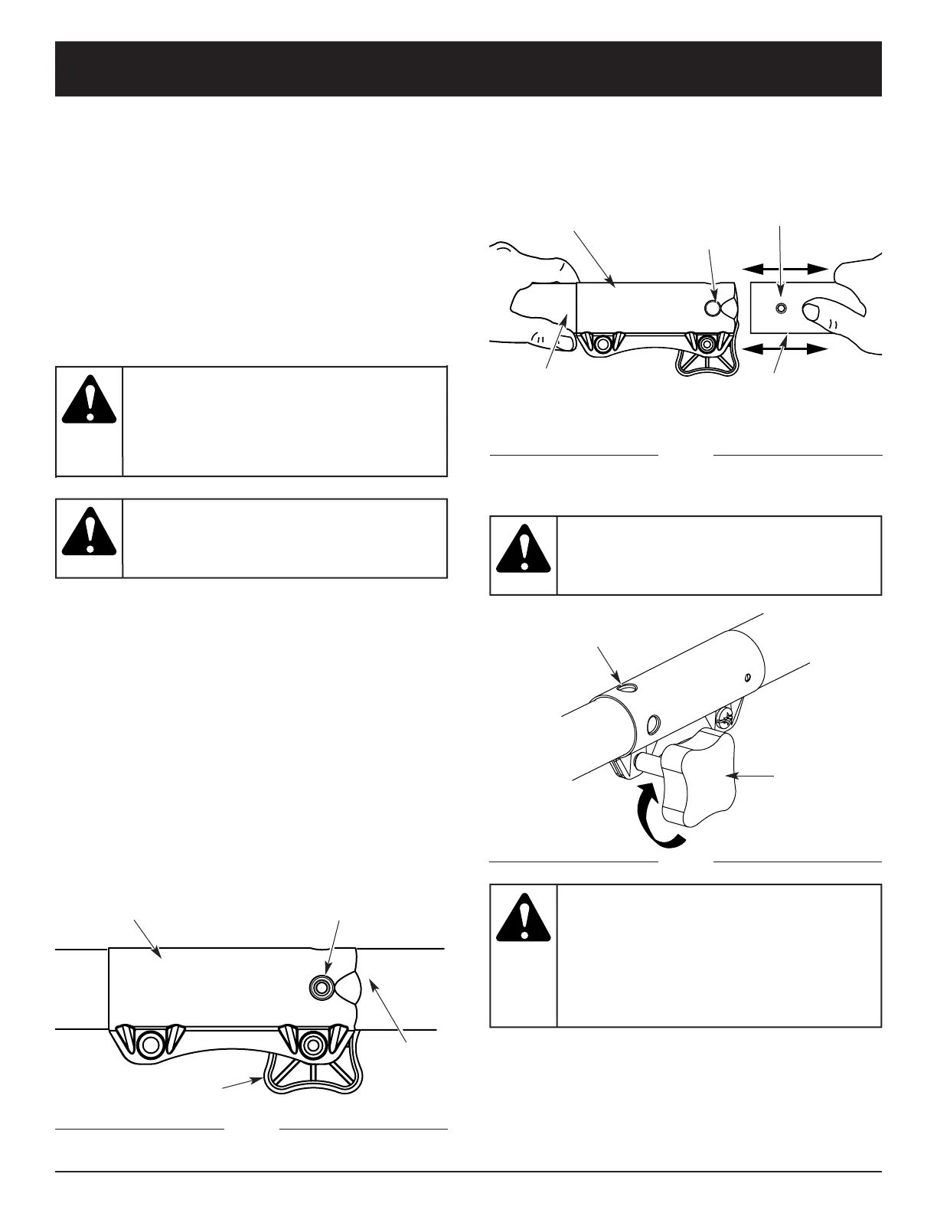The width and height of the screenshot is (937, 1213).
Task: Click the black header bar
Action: pos(468,69)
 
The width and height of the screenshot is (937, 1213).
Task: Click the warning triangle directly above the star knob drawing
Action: pos(523,549)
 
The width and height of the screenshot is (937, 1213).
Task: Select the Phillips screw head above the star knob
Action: pos(723,718)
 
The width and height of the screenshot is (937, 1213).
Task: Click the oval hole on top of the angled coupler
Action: pos(627,688)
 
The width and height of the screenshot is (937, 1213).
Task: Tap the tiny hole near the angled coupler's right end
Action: pos(747,676)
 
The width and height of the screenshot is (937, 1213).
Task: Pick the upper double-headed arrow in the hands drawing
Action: pos(785,269)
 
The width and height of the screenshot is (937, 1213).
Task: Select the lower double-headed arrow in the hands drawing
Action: pos(785,349)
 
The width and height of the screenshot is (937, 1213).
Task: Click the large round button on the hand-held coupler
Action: pos(713,308)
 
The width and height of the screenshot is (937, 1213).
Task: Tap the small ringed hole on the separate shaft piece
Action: pos(780,308)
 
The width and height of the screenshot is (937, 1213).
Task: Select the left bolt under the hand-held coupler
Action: pos(602,344)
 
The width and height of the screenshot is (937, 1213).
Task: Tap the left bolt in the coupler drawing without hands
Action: pos(150,1043)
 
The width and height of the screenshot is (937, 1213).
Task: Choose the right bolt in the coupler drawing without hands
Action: pos(311,1043)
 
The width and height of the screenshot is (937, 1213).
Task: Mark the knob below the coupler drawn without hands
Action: pos(311,1079)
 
